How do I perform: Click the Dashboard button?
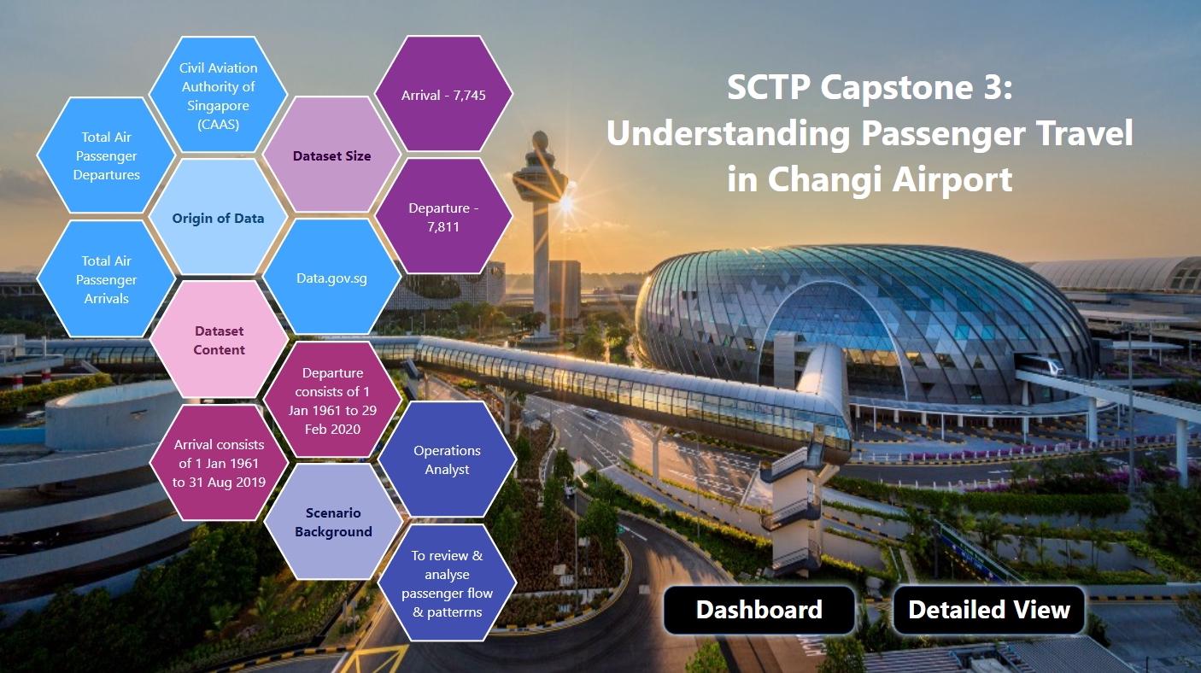pos(759,610)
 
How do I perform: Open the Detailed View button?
pos(988,610)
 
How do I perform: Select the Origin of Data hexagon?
pos(218,218)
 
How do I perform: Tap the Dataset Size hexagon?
pos(331,155)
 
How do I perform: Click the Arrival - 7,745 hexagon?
pos(443,95)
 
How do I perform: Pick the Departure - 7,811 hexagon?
pos(443,217)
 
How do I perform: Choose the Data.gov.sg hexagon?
pos(331,278)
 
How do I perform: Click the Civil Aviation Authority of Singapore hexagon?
pos(218,95)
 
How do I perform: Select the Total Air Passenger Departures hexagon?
pos(106,155)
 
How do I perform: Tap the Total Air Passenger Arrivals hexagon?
pos(106,279)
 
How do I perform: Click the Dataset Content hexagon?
pos(219,340)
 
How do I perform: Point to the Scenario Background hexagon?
pos(333,522)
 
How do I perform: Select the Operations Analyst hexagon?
pos(447,459)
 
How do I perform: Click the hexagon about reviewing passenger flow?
pos(447,583)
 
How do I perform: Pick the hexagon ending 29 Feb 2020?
pos(332,401)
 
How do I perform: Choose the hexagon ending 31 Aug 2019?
pos(219,463)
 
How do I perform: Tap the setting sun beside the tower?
pos(565,204)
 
